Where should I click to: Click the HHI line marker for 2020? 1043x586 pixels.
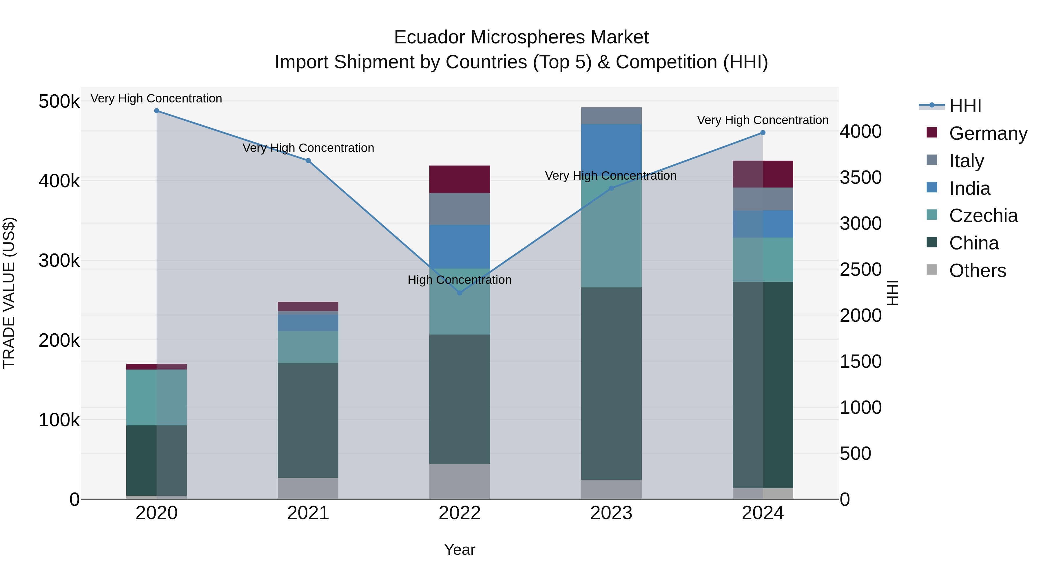157,111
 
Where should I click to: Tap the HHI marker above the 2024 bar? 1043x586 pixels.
763,133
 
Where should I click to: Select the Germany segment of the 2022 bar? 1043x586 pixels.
459,179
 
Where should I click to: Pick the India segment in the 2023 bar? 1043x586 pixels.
611,150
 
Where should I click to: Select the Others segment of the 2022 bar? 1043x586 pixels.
459,481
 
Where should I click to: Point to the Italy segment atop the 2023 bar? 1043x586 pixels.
611,116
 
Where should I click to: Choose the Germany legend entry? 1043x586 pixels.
988,133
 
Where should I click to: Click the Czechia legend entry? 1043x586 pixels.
983,216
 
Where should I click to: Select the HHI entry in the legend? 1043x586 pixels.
965,106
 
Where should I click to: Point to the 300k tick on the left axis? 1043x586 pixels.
59,260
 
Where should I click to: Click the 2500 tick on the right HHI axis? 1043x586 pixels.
861,269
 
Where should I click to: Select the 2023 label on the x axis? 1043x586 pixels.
611,513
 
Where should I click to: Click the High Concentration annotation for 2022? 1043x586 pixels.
459,280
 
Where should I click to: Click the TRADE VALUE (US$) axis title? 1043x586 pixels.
9,293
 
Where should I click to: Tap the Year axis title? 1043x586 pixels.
459,550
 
